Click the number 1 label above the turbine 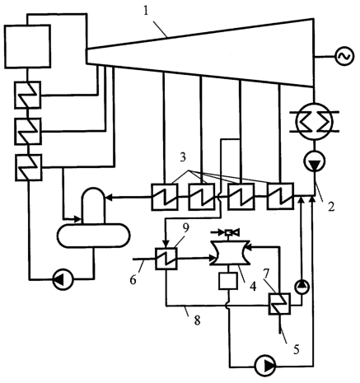click(x=146, y=12)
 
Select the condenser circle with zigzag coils click(x=314, y=121)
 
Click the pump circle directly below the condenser click(x=315, y=161)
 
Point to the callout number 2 click(x=332, y=207)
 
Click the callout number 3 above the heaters click(x=183, y=157)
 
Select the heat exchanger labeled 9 click(x=166, y=259)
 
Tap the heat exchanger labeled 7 click(x=279, y=303)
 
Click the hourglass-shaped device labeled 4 click(x=230, y=253)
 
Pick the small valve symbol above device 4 click(x=229, y=232)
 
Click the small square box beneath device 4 click(x=228, y=281)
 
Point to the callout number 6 click(x=133, y=280)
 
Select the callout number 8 click(x=197, y=320)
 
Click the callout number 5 click(x=296, y=350)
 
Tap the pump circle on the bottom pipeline click(x=265, y=366)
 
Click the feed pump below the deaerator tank click(x=63, y=280)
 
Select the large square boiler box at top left click(x=27, y=46)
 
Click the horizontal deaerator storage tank click(x=94, y=236)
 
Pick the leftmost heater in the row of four click(x=165, y=197)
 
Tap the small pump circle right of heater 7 click(x=302, y=287)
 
